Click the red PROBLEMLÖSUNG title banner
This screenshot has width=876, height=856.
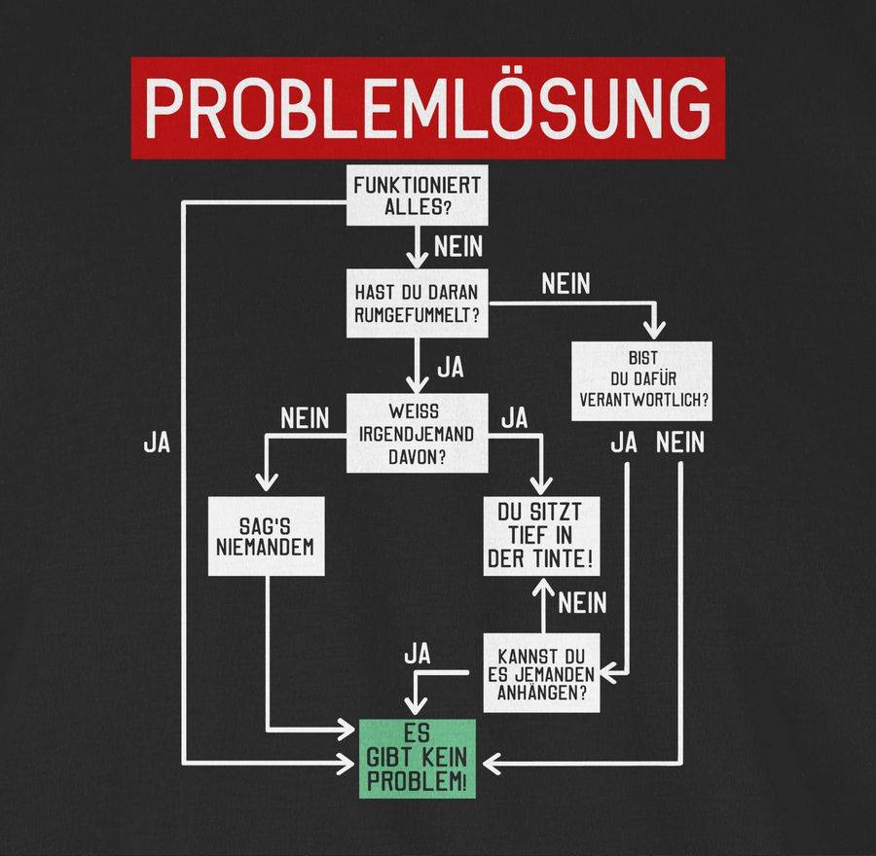(x=428, y=107)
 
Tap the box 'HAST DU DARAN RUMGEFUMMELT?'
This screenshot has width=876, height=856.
(x=418, y=303)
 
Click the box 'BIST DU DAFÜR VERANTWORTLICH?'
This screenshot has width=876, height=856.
(x=641, y=381)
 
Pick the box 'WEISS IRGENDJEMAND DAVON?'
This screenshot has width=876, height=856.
(x=418, y=433)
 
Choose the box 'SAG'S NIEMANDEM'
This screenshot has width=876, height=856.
(x=266, y=536)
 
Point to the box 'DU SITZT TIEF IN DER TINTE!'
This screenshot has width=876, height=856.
(x=542, y=536)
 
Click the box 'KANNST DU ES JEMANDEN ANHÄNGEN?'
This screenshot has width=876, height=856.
(x=541, y=671)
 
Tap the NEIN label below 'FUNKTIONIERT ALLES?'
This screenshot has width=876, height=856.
(x=458, y=246)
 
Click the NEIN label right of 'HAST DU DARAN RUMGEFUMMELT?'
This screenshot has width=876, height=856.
(x=566, y=285)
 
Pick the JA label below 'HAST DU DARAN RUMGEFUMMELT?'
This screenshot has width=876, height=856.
(x=450, y=369)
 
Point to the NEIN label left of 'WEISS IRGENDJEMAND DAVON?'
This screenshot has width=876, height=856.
(x=306, y=419)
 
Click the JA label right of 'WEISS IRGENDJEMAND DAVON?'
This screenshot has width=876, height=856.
(x=514, y=419)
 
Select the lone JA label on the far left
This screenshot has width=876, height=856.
(x=157, y=443)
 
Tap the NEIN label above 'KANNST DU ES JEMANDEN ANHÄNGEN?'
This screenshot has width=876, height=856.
(x=582, y=603)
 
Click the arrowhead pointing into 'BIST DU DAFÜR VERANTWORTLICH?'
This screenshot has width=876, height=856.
(x=658, y=329)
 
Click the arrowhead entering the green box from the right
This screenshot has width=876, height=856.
(x=492, y=764)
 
